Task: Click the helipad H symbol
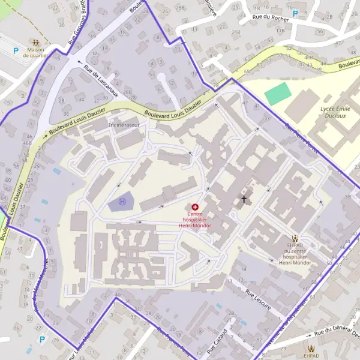coord(123,202)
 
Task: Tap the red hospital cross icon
coord(196,206)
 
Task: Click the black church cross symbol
coord(244,198)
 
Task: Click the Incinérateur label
coord(124,125)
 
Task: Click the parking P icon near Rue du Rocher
coord(295,13)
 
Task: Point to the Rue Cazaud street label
coord(217,341)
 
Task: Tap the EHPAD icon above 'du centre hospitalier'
coord(295,238)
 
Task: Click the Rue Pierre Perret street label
coord(300,137)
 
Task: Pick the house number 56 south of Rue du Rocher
coord(322,31)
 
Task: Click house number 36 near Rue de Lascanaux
coord(66,113)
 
